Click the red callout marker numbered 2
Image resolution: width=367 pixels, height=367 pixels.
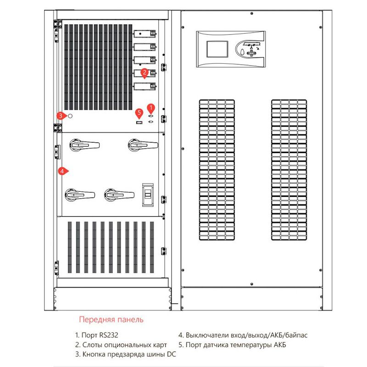(145, 72)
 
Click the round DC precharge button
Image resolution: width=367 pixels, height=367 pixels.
(70, 116)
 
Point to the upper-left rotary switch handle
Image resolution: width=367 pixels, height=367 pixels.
(84, 145)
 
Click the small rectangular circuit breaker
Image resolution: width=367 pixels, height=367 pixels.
(148, 193)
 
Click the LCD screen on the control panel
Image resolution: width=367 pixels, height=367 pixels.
(215, 48)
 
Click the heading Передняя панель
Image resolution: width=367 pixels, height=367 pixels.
(111, 319)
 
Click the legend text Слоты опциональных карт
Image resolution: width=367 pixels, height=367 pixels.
(121, 345)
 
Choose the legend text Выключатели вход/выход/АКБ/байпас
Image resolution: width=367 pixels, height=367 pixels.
(243, 335)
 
